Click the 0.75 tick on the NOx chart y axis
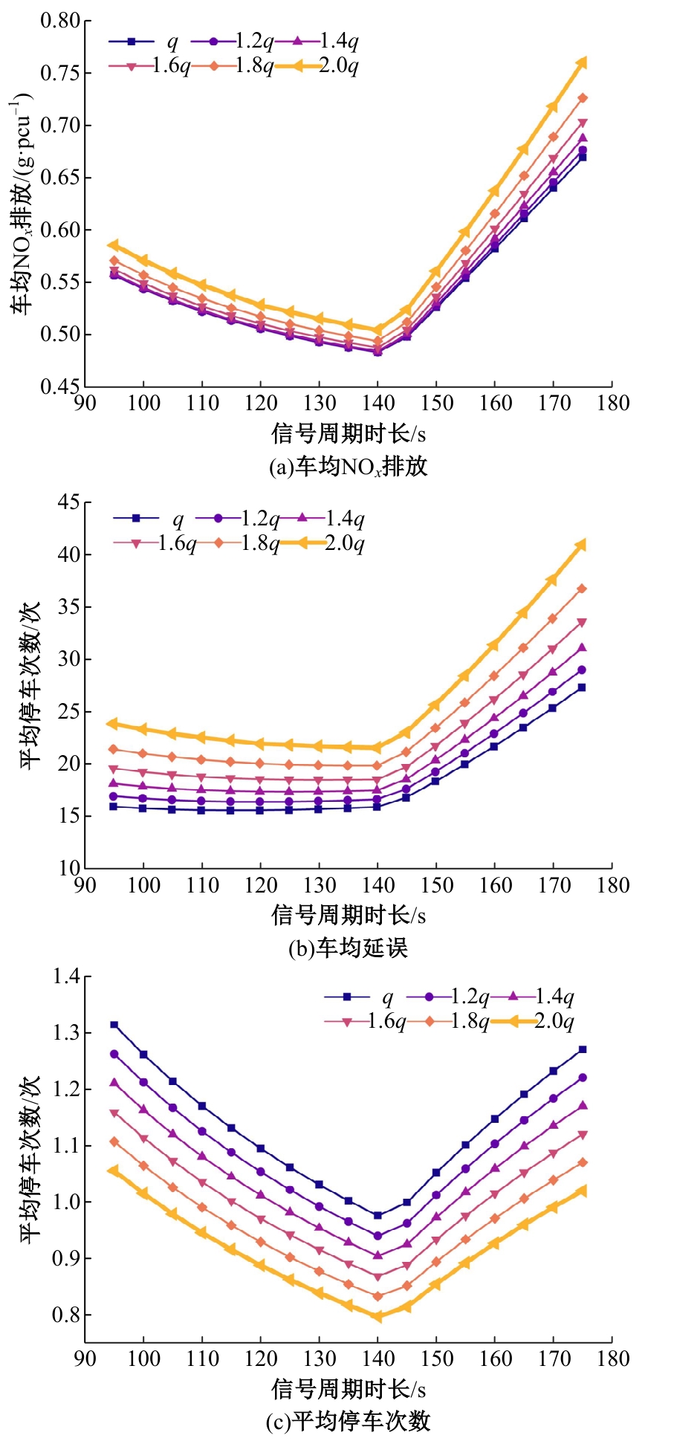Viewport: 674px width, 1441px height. [60, 73]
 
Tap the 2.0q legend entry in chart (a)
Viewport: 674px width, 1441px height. [317, 66]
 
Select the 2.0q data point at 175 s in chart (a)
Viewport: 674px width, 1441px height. [582, 63]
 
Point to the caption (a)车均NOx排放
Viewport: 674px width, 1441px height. [348, 466]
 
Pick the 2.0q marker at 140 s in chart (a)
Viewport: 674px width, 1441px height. [377, 330]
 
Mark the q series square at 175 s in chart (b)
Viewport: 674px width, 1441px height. [582, 687]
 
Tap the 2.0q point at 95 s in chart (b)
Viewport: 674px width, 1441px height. [113, 723]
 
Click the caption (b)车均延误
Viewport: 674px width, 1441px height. [348, 948]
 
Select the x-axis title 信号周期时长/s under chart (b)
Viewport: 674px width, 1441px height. [348, 914]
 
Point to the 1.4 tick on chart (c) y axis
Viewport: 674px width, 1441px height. [66, 977]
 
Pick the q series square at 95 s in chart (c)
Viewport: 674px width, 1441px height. [114, 1025]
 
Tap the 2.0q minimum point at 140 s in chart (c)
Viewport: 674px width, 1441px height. [377, 1316]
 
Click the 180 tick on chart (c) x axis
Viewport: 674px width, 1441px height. [612, 1359]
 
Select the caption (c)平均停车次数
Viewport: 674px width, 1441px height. [348, 1421]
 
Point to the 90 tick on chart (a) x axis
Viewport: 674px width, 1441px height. [85, 403]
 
